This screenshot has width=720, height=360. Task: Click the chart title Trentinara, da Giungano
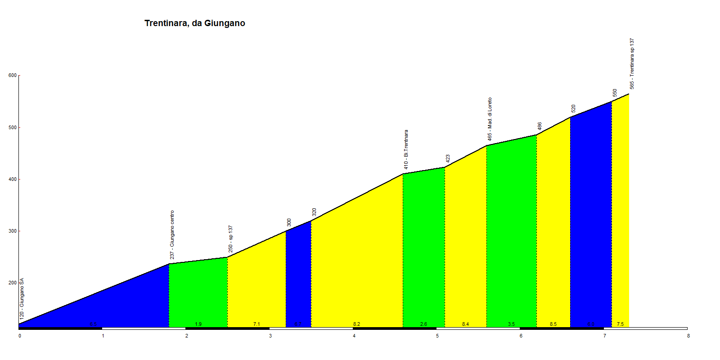(x=194, y=23)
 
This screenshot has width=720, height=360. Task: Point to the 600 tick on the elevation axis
(x=13, y=76)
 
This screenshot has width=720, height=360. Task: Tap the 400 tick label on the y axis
(x=13, y=179)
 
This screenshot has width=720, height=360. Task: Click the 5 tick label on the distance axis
(x=437, y=336)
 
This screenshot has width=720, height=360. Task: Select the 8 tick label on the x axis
(x=688, y=336)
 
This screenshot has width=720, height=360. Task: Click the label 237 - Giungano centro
(x=172, y=234)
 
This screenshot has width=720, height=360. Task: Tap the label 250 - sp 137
(x=230, y=239)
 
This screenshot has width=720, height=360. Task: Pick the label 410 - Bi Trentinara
(x=406, y=149)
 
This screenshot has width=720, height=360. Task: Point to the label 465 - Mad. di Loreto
(x=490, y=119)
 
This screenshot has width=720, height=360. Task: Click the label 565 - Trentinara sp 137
(x=632, y=63)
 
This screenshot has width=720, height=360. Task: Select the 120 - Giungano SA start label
(x=22, y=299)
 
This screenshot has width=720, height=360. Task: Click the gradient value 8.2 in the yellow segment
(x=356, y=324)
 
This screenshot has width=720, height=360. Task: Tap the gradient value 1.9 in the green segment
(x=198, y=324)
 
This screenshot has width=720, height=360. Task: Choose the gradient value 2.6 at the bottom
(x=423, y=324)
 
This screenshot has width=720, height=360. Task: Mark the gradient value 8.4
(x=465, y=324)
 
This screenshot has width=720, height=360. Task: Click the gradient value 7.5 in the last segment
(x=620, y=324)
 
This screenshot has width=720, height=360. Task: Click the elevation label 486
(x=540, y=126)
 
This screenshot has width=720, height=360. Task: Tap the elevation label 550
(x=615, y=93)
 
